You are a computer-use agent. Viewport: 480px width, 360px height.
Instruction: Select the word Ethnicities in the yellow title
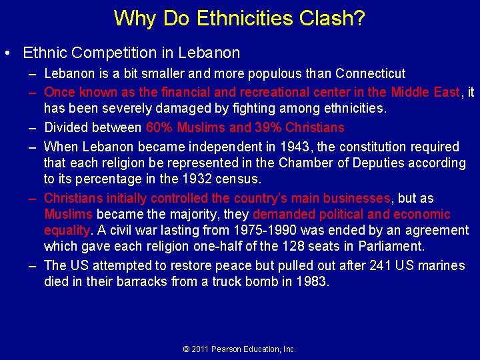(x=239, y=18)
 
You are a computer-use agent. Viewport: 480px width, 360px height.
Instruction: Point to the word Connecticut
(x=371, y=73)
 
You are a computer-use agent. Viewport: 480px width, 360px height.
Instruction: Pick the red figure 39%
(x=270, y=127)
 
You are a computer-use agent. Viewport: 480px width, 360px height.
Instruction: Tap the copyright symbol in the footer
(x=187, y=349)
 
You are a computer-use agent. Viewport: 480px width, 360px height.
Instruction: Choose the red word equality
(x=66, y=231)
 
